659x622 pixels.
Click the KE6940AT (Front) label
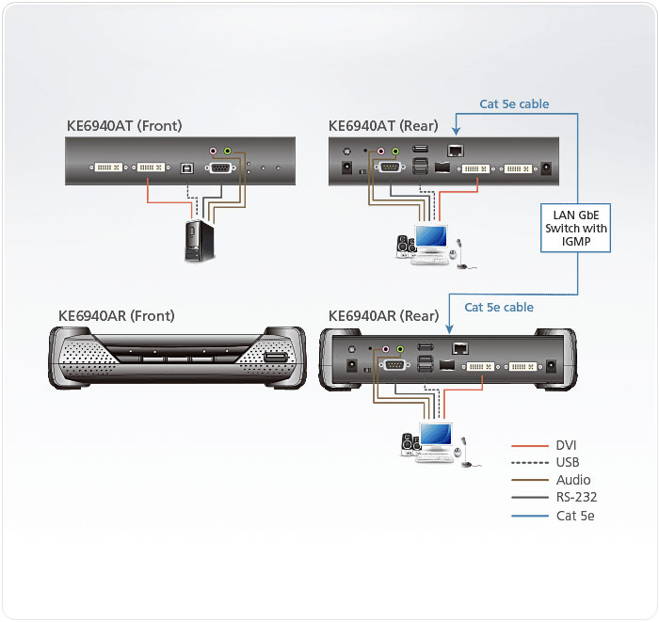pos(124,126)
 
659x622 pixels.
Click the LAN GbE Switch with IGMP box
pos(576,229)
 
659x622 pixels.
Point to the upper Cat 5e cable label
pos(514,104)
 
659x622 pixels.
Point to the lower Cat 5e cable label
pos(499,307)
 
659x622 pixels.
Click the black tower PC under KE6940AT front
pos(197,240)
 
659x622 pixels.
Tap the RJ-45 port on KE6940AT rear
pos(456,151)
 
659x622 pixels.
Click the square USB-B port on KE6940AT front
pos(187,169)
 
